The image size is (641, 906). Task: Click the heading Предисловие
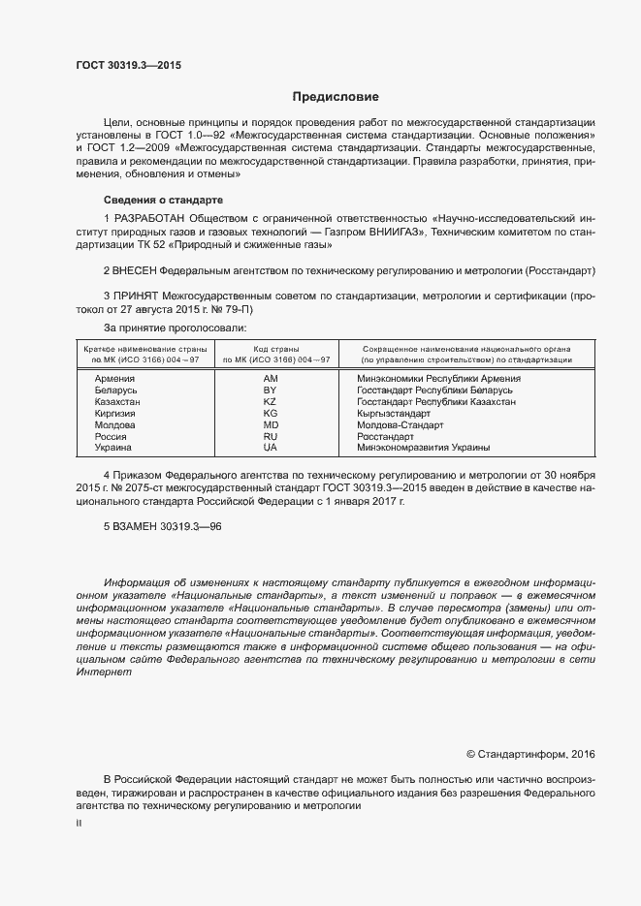pos(336,97)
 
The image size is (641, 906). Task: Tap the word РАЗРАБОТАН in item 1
pos(150,219)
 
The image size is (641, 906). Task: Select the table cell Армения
pos(114,378)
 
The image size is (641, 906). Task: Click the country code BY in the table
pos(271,390)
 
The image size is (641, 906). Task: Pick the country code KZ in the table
pos(271,401)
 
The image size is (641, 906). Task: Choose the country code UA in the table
pos(271,448)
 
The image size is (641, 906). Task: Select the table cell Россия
pos(111,436)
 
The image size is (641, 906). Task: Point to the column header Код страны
pos(276,348)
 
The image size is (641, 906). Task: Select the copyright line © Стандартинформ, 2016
pos(531,753)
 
